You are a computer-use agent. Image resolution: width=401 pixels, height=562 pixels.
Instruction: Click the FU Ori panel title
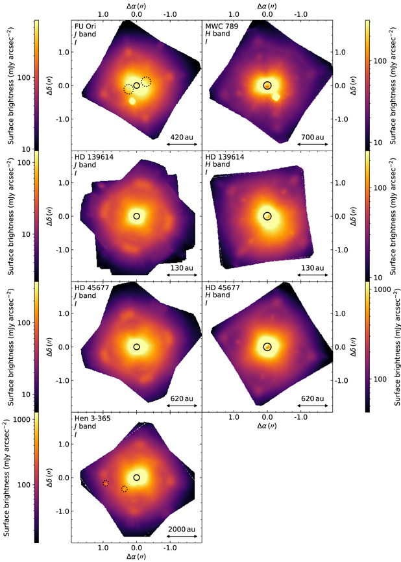click(x=86, y=26)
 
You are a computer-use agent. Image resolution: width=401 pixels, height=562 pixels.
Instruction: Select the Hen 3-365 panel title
click(x=91, y=418)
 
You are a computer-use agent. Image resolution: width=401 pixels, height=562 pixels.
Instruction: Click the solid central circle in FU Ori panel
click(x=136, y=86)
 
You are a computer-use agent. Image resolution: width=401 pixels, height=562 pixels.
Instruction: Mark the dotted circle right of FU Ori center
click(x=147, y=81)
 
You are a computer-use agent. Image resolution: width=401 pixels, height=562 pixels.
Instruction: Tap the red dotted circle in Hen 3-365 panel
click(x=106, y=483)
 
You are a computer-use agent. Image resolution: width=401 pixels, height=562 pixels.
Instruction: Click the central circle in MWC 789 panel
click(x=267, y=86)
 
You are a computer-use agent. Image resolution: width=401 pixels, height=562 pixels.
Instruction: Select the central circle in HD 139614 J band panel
click(x=136, y=216)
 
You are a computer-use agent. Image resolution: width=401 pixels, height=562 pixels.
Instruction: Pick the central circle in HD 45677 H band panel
click(x=267, y=347)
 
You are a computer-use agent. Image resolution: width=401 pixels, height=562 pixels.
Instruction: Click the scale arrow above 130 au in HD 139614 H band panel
click(x=312, y=275)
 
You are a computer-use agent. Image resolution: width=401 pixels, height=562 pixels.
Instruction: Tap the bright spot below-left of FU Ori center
click(x=132, y=101)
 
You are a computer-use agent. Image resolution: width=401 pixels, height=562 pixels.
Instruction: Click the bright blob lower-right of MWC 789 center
click(x=276, y=97)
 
